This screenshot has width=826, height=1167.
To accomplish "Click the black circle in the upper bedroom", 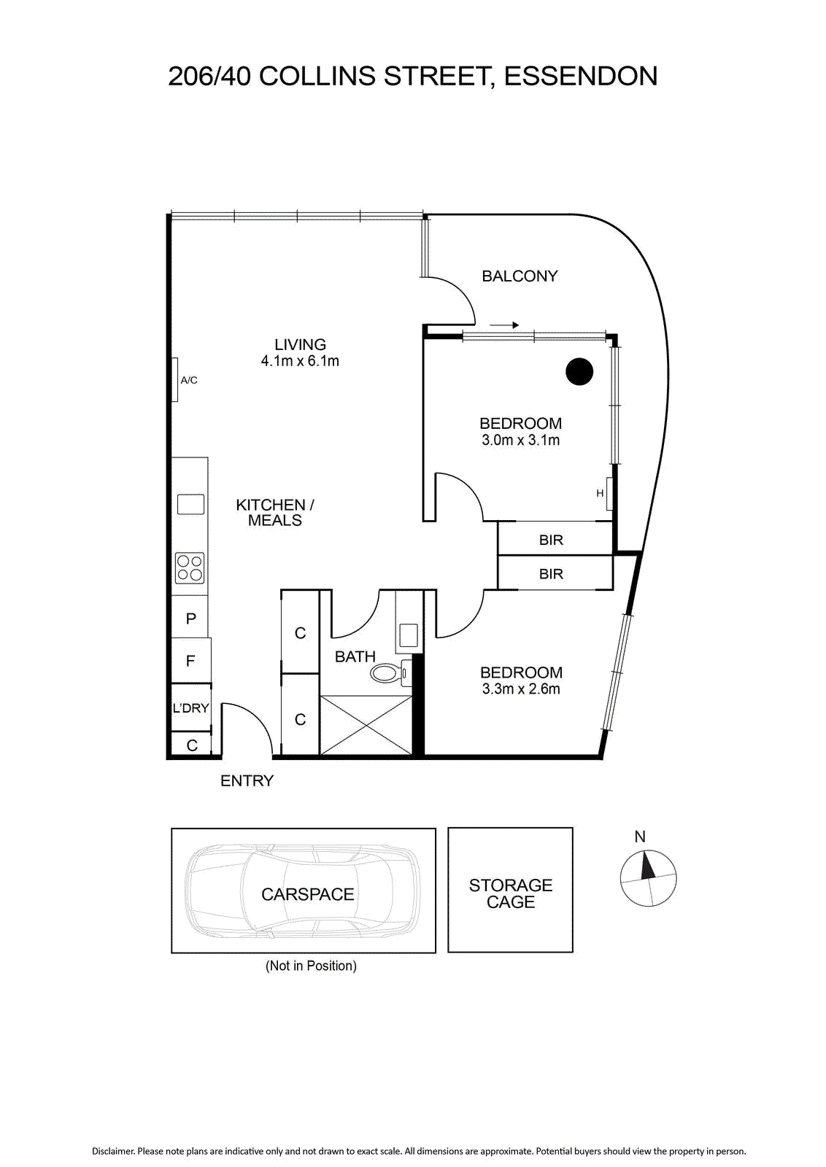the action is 579,371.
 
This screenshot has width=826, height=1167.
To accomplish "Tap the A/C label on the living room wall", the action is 189,380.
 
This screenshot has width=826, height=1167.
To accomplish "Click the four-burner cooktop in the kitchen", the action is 190,568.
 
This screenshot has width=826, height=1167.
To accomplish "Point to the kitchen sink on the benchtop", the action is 190,504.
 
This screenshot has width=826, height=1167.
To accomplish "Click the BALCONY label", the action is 520,276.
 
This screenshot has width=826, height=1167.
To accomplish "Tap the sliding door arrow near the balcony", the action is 504,325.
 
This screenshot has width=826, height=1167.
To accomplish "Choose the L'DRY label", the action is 190,708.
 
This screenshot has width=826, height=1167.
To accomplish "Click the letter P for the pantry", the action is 190,619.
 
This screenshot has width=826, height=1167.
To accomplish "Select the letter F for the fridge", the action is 190,661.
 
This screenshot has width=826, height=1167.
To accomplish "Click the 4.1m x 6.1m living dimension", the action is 300,360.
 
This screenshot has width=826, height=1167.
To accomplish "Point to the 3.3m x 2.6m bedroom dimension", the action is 520,689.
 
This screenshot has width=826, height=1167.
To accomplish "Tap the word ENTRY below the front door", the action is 247,780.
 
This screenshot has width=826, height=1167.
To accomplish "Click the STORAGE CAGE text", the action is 511,893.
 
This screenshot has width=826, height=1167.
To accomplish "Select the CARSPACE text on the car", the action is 307,894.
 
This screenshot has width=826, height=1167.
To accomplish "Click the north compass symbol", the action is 648,878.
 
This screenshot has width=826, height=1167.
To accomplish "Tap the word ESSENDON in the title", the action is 581,76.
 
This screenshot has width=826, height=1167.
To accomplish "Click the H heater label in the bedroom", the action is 600,493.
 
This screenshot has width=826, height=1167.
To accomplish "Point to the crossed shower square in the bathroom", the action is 366,725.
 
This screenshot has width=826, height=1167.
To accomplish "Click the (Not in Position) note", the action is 311,966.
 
